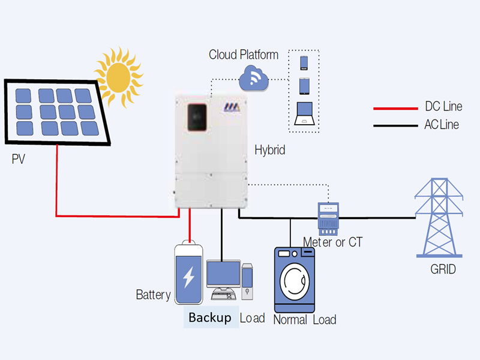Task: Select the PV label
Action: (x=20, y=160)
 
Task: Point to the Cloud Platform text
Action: (x=243, y=55)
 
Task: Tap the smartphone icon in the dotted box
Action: (x=304, y=62)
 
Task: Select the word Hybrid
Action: (x=269, y=150)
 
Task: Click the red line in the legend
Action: (x=395, y=109)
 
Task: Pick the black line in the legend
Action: (x=395, y=126)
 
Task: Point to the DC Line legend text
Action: (x=443, y=107)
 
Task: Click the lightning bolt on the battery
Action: (x=188, y=277)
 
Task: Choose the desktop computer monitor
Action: (x=223, y=274)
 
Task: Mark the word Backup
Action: (x=209, y=317)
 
